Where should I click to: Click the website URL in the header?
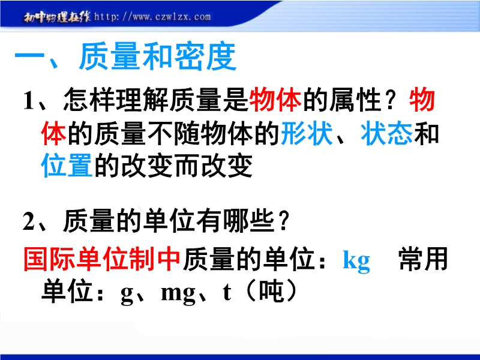coord(152,17)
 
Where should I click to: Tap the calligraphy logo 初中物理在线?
coord(57,17)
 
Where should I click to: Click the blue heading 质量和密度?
coord(158,56)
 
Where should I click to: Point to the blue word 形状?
coord(307,133)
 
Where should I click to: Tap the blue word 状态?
coord(386,133)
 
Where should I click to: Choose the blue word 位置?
coord(67,166)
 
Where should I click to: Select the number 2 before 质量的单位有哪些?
coord(29,221)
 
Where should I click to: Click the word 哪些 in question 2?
coord(248,220)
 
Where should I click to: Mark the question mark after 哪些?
coord(283,221)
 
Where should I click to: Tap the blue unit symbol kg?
coord(356,261)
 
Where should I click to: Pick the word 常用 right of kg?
coord(424,259)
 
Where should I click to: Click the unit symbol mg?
coord(178,294)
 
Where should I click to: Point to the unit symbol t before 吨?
coord(227,292)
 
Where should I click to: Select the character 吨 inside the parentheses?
coord(271,291)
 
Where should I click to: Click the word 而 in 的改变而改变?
coord(187,166)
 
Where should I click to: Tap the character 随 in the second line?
coord(187,133)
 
